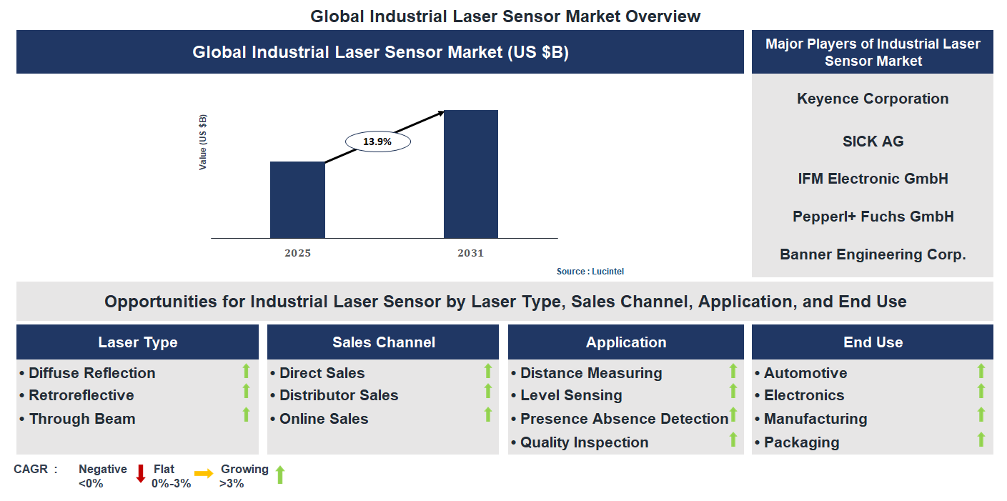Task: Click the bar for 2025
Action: click(297, 200)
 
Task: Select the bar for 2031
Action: click(471, 174)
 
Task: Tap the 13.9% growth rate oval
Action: click(377, 142)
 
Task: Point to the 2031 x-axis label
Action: click(471, 253)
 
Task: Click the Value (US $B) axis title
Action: click(203, 142)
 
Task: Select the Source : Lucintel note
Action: click(590, 272)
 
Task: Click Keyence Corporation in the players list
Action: click(873, 99)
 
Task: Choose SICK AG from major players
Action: click(873, 142)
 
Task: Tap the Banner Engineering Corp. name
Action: click(873, 254)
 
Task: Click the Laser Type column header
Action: click(137, 342)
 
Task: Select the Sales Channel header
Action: click(383, 342)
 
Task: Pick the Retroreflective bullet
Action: click(81, 395)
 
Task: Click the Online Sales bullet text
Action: click(323, 419)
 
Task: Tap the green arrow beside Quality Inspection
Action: click(733, 440)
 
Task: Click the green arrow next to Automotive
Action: click(981, 371)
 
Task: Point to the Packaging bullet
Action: click(801, 442)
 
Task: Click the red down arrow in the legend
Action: click(141, 474)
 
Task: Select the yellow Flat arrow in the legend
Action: click(204, 474)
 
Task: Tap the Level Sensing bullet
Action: click(570, 395)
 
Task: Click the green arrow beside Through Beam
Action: click(247, 415)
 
